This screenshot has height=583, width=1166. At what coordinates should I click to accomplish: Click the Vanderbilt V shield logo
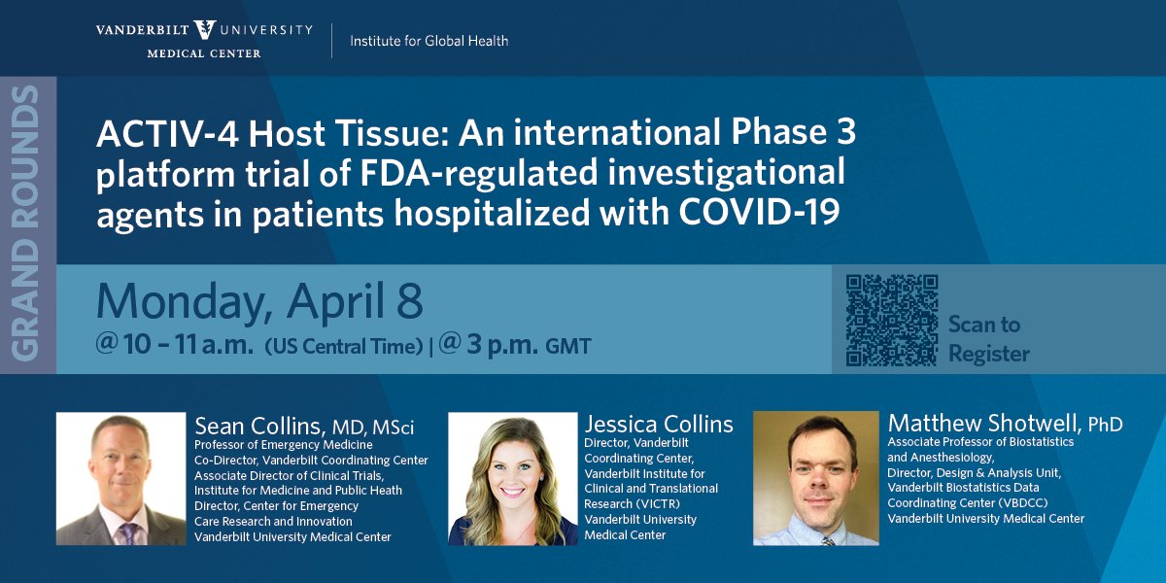tap(205, 30)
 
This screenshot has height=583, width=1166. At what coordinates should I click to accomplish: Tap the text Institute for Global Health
tap(429, 41)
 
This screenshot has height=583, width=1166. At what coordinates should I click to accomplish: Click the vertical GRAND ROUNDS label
tap(25, 223)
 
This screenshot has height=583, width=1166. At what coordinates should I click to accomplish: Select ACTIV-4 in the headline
tap(167, 133)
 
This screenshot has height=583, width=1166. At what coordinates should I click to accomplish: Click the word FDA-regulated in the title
tap(478, 174)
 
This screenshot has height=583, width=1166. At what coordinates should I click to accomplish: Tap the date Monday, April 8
tap(259, 302)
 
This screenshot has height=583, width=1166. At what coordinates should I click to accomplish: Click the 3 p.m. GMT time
tap(515, 345)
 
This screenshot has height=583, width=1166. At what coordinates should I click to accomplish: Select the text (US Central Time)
tap(344, 347)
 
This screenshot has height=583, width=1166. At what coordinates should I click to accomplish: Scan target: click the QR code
tap(892, 320)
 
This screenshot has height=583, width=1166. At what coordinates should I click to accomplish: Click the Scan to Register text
tap(988, 338)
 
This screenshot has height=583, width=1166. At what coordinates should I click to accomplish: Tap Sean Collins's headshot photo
tap(120, 479)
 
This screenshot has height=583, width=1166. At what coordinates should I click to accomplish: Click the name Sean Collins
tap(259, 427)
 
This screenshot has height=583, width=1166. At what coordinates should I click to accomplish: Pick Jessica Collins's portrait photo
tap(513, 479)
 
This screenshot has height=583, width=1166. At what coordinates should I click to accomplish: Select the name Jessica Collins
tap(659, 425)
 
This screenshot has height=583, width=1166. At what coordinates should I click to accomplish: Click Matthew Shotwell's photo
tap(815, 478)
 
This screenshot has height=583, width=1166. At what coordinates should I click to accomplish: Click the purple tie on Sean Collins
tap(127, 534)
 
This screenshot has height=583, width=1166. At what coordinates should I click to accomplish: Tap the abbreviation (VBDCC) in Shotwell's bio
tap(1023, 503)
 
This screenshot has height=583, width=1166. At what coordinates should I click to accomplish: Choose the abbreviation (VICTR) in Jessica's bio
tap(657, 504)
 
